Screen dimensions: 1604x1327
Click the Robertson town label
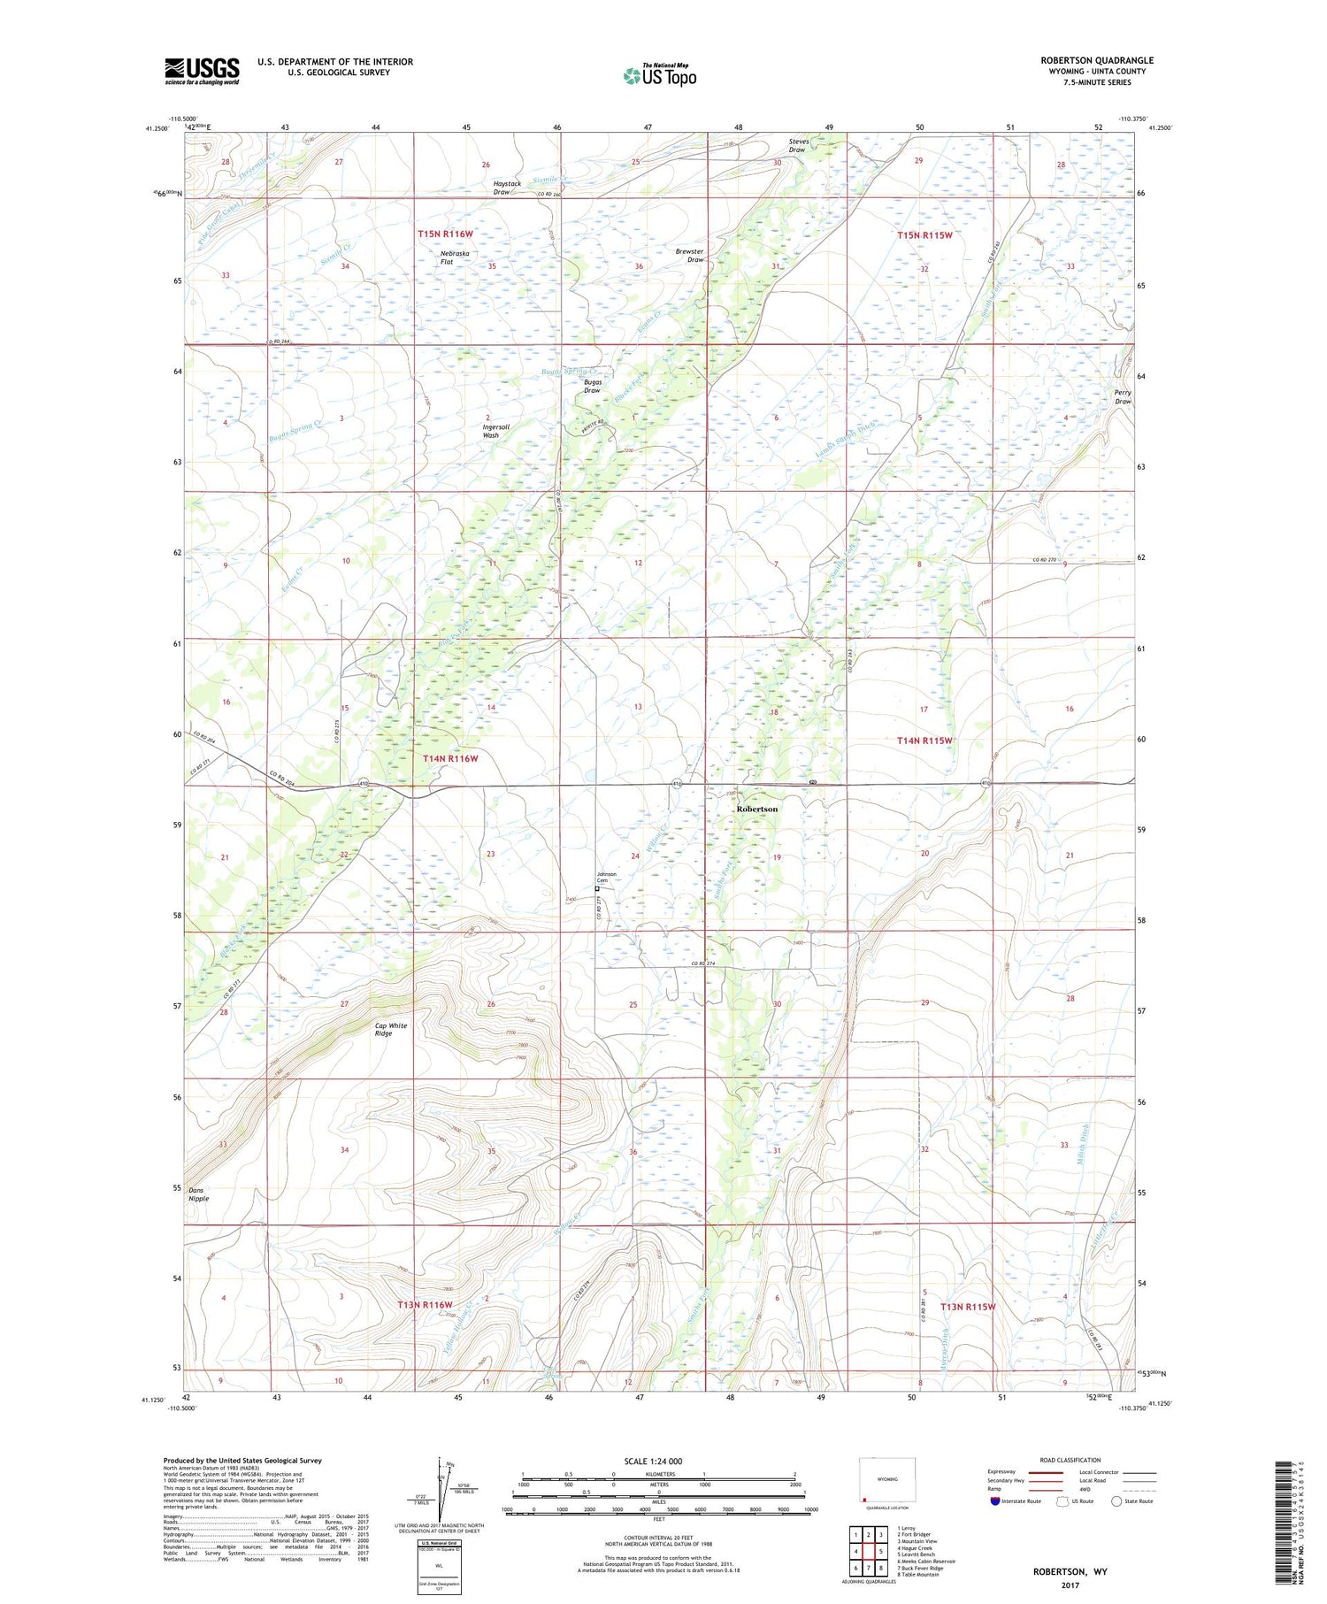point(757,809)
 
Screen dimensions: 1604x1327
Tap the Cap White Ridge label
point(390,1029)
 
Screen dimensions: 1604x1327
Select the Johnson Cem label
point(606,877)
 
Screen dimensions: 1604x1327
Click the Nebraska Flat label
point(455,257)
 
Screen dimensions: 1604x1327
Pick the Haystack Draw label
point(507,188)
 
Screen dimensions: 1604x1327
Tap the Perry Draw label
point(1123,397)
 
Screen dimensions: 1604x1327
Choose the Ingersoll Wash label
point(495,431)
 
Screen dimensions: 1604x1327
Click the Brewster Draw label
point(689,256)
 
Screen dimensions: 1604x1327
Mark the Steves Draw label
point(797,146)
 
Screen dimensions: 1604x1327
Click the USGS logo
point(202,71)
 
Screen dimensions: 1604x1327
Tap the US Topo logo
point(660,76)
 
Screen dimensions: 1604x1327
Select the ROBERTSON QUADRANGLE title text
point(1097,60)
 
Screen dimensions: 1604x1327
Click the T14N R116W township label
point(450,759)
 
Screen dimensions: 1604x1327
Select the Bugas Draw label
point(592,387)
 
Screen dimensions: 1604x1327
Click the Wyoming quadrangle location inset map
point(887,1483)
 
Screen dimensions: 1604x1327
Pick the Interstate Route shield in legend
point(995,1500)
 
